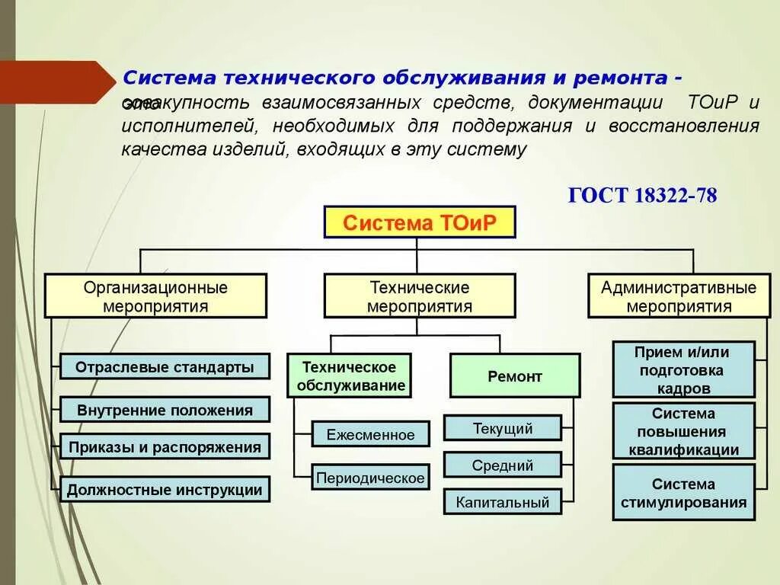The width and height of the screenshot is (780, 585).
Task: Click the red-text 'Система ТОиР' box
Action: [x=420, y=223]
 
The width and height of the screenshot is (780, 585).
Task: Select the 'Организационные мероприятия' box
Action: [x=155, y=296]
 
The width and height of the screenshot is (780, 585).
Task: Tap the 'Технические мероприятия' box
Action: [x=420, y=296]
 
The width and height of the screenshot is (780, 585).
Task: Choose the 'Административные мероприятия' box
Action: [x=679, y=296]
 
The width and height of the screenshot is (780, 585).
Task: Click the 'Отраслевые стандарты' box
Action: [x=165, y=366]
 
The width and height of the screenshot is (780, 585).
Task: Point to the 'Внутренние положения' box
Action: [x=165, y=410]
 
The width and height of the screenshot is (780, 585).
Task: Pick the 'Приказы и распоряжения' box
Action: [x=165, y=446]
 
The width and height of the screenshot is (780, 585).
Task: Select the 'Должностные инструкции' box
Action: [x=165, y=489]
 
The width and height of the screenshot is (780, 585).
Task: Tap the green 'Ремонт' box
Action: [x=515, y=376]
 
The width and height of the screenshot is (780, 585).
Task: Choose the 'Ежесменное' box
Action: [x=370, y=435]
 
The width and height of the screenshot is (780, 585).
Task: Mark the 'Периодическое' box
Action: [x=370, y=478]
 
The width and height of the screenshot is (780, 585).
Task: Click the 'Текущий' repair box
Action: [x=503, y=427]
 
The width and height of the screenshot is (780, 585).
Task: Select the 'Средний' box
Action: [x=503, y=465]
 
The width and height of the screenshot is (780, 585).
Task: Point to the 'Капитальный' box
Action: [x=503, y=501]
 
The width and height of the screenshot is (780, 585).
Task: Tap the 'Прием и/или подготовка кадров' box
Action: [x=683, y=369]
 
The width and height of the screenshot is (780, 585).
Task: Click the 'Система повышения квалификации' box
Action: [x=683, y=431]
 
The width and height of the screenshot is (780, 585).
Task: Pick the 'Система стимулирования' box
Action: [x=683, y=492]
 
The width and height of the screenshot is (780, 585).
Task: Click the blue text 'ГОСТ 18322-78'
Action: [x=642, y=195]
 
